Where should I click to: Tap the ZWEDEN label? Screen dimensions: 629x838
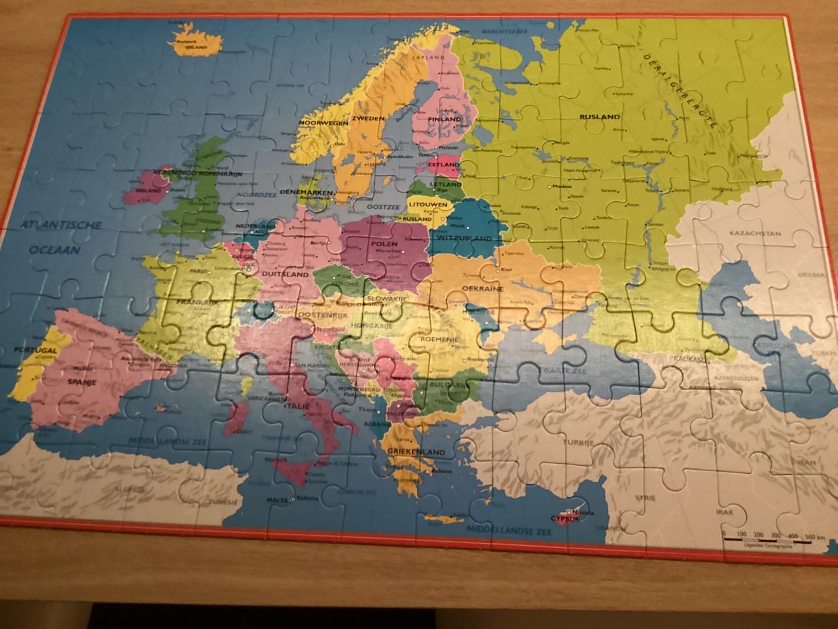[367, 119]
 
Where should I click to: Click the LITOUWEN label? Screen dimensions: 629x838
[428, 204]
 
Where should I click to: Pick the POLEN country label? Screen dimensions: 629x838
[384, 244]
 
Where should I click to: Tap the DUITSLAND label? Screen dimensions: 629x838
[285, 275]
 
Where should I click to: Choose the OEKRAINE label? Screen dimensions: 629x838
[483, 288]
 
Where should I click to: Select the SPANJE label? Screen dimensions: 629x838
[82, 381]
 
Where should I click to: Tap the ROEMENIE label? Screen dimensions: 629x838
[428, 340]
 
